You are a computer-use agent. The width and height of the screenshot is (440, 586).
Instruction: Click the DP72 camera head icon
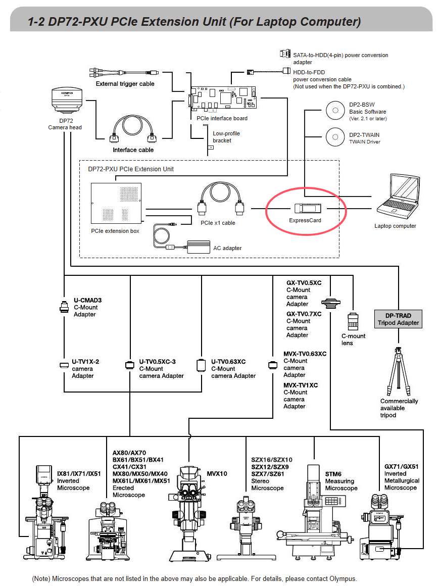point(67,100)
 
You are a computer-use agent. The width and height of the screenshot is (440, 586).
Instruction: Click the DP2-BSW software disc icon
point(335,111)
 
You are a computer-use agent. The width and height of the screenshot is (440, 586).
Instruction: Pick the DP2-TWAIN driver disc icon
point(335,137)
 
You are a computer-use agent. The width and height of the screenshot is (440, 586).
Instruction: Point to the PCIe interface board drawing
point(223,98)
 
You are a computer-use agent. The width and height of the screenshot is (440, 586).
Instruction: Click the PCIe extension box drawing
point(116,203)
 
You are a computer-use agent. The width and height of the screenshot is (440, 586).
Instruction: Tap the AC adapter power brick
point(199,247)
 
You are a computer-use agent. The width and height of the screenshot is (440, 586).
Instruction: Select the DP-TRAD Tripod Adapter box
point(398,319)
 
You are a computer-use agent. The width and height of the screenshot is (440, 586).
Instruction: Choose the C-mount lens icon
point(353,321)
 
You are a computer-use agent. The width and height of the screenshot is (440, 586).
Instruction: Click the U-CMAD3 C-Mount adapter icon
point(64,307)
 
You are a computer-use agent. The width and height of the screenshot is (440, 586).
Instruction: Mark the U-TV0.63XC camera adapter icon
point(201,365)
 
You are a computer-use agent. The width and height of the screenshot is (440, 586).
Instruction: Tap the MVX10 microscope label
point(217,473)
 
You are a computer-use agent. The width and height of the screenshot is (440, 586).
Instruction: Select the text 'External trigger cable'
point(125,84)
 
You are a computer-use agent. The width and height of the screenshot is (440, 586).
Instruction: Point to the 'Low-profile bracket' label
point(226,137)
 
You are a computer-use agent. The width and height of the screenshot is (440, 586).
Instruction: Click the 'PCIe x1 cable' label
point(218,223)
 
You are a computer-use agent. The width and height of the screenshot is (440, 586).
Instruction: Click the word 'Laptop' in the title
point(274,22)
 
